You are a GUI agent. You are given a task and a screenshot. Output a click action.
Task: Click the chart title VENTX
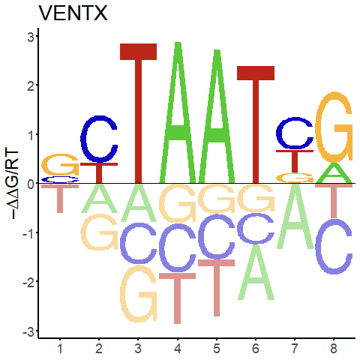point(73,13)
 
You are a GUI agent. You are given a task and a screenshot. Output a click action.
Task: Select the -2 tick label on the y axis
point(28,282)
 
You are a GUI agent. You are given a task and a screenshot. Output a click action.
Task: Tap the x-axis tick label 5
point(217,348)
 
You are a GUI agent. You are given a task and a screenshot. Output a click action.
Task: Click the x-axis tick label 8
point(334,348)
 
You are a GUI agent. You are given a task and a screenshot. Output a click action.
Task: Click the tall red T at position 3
point(138,113)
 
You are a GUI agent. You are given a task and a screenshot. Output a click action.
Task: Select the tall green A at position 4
point(178,112)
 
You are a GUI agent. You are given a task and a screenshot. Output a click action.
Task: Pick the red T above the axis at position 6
point(256,124)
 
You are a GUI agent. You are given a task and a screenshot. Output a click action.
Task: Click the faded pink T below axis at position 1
point(60,198)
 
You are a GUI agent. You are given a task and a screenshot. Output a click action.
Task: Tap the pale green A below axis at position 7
point(295,217)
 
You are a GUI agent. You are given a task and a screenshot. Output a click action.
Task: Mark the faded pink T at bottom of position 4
point(177,298)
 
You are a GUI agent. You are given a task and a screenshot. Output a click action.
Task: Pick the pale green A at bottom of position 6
point(256,272)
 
